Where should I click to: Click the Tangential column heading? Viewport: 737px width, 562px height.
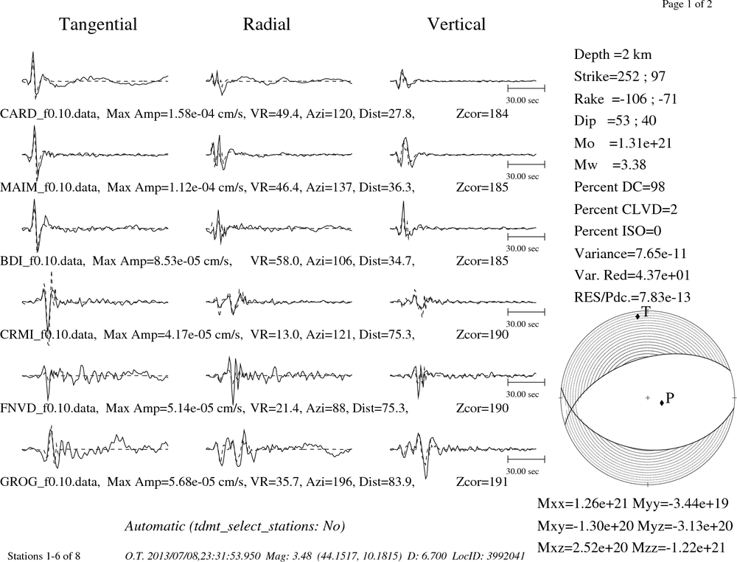pyautogui.click(x=98, y=24)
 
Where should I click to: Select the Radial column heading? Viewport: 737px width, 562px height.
pyautogui.click(x=267, y=24)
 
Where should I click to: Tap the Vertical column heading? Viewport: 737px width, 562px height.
pyautogui.click(x=456, y=24)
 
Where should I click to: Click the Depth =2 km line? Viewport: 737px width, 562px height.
pyautogui.click(x=612, y=55)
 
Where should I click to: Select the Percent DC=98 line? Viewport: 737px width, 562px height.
pyautogui.click(x=620, y=187)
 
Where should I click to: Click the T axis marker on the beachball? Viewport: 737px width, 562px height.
pyautogui.click(x=638, y=316)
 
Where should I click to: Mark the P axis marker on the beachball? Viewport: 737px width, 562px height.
pyautogui.click(x=662, y=403)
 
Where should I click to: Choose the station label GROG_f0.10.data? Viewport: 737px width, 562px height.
pyautogui.click(x=50, y=482)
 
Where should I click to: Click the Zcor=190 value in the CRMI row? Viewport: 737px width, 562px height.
pyautogui.click(x=482, y=334)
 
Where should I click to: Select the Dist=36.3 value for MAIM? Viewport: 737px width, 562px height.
pyautogui.click(x=386, y=187)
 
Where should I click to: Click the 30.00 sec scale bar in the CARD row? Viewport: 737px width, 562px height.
pyautogui.click(x=526, y=88)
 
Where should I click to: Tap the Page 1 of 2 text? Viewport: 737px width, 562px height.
pyautogui.click(x=687, y=4)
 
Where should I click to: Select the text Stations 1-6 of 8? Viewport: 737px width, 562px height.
pyautogui.click(x=43, y=556)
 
